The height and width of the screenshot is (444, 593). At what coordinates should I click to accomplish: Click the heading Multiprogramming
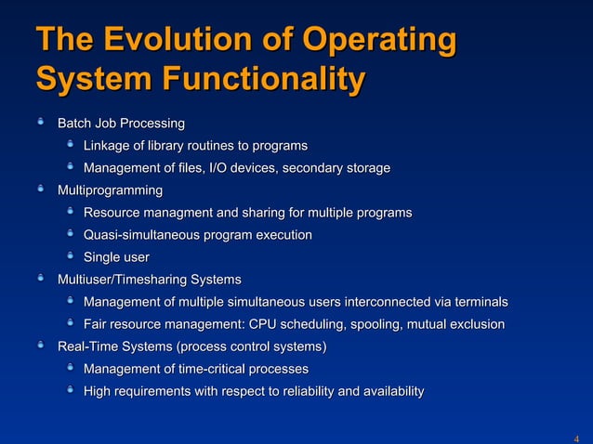tap(110, 190)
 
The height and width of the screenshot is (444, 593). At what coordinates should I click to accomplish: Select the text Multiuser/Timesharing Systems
tap(150, 280)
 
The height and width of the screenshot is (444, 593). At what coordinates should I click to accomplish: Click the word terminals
tap(478, 303)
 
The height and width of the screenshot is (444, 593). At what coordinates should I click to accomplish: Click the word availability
tap(385, 392)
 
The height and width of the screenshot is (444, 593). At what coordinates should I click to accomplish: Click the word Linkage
tap(108, 146)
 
